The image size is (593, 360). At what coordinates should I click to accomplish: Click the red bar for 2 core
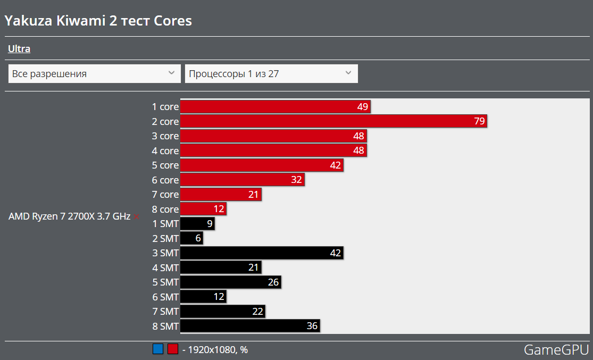point(333,121)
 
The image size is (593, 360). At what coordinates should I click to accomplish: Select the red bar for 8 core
point(203,209)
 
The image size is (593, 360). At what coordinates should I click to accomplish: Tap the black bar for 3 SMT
point(262,253)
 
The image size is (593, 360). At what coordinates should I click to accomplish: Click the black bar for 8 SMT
point(250,325)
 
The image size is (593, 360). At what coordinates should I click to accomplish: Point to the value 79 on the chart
point(479,121)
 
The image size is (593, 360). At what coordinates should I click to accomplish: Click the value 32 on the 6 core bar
point(297,180)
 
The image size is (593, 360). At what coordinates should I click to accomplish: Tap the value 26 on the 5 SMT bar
point(273,282)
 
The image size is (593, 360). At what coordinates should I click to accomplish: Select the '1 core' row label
point(165,107)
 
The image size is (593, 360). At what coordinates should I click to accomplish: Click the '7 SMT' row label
point(165,311)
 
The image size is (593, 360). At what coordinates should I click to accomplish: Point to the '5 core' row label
point(165,165)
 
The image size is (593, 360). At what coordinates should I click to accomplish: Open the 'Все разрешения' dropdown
point(94,73)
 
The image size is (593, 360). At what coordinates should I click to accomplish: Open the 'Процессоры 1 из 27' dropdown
point(271,73)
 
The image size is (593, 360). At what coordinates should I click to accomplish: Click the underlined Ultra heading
point(19,49)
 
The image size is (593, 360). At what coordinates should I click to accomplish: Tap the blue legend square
point(158,349)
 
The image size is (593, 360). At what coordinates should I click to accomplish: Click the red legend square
point(172,349)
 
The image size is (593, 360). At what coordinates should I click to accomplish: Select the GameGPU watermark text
point(556,349)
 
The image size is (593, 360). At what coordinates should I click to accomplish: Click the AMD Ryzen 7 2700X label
point(69,216)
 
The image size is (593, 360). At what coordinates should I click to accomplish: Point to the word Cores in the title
point(173,21)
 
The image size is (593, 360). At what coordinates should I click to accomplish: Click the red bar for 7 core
point(221,195)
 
